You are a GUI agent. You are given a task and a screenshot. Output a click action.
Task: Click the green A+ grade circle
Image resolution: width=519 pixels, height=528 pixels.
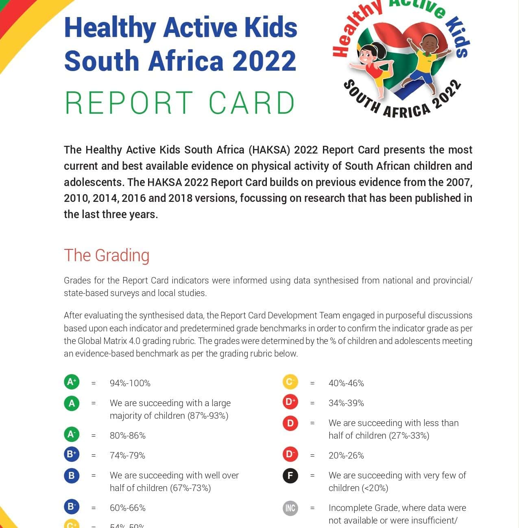[x=72, y=382]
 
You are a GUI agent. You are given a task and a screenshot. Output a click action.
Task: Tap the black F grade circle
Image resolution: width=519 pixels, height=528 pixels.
[x=290, y=475]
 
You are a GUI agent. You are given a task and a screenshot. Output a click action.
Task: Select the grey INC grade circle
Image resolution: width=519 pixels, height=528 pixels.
[x=290, y=508]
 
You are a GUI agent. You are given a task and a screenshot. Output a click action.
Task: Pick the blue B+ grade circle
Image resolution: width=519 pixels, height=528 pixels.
[x=72, y=454]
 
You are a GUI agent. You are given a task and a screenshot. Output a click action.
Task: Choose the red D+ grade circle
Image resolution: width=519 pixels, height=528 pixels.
[x=290, y=402]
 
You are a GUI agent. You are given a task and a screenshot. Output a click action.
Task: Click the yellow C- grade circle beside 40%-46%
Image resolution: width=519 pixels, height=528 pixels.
[x=290, y=382]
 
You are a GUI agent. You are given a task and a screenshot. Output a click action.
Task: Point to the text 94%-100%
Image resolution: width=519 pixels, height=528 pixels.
[x=130, y=383]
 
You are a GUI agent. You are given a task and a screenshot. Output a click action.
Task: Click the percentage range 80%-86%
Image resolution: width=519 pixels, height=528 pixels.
[x=128, y=435]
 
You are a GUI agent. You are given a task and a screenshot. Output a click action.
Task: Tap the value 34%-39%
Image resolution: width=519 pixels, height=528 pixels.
[x=346, y=403]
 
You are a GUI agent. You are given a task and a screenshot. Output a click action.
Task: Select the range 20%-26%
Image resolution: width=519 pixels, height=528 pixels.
[x=346, y=455]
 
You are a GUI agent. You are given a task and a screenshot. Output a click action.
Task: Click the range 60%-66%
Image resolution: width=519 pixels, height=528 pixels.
[x=128, y=508]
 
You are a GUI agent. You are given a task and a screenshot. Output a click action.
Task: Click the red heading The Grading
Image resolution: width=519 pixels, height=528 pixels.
[x=107, y=255]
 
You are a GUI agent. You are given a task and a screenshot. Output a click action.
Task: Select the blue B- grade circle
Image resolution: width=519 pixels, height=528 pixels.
[x=72, y=506]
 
